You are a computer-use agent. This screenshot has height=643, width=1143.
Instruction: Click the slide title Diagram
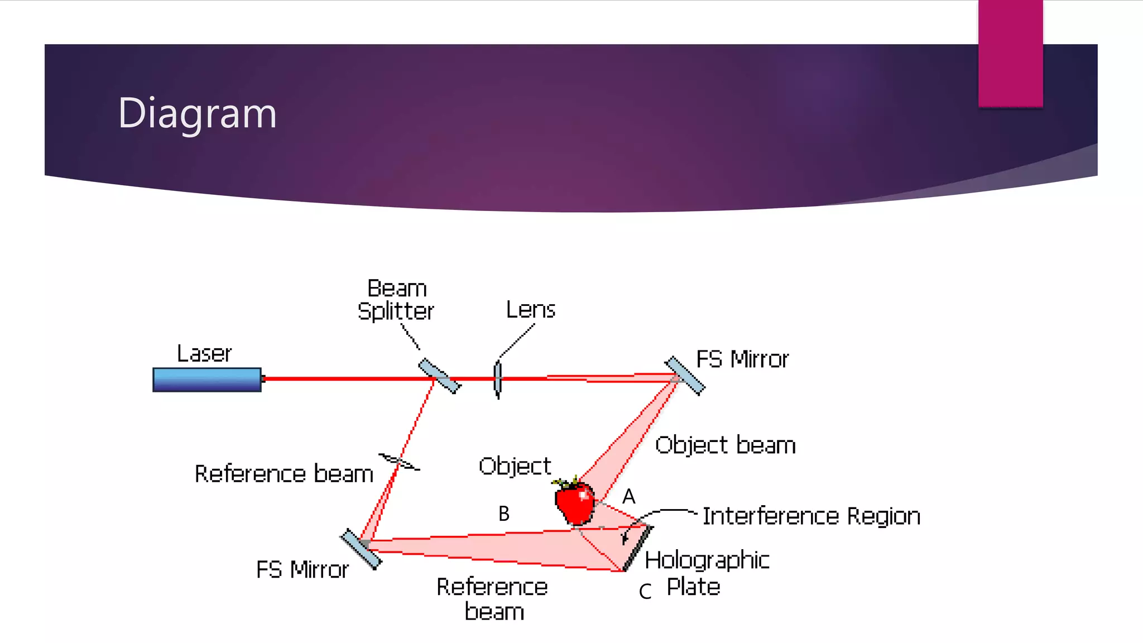click(197, 113)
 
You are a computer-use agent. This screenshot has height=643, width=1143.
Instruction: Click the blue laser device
click(207, 380)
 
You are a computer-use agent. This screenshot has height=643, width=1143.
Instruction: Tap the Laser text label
click(204, 354)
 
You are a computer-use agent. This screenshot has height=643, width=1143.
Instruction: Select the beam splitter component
click(440, 376)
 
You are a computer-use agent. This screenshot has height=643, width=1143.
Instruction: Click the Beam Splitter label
click(396, 300)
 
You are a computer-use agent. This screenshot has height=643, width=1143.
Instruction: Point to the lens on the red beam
click(498, 380)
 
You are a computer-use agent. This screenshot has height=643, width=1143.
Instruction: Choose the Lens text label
click(530, 310)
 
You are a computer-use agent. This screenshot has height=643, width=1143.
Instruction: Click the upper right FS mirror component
click(685, 376)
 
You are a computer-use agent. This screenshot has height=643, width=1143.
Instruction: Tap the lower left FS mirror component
click(361, 549)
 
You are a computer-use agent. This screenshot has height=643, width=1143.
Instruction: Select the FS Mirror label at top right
click(742, 359)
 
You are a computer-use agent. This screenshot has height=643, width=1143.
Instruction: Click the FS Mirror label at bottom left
click(302, 570)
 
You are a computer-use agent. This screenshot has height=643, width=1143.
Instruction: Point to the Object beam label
click(725, 445)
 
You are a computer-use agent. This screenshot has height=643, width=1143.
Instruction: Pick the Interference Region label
click(811, 516)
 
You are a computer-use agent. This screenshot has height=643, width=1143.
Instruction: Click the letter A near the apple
click(629, 496)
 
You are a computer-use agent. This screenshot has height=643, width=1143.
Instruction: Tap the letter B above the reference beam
click(503, 514)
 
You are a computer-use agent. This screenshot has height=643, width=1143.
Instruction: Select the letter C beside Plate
click(645, 591)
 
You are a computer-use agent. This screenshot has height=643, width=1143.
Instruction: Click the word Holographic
click(707, 560)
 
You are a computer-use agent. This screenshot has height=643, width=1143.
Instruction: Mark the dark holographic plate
click(637, 548)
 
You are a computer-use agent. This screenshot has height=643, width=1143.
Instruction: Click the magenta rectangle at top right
click(1010, 53)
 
